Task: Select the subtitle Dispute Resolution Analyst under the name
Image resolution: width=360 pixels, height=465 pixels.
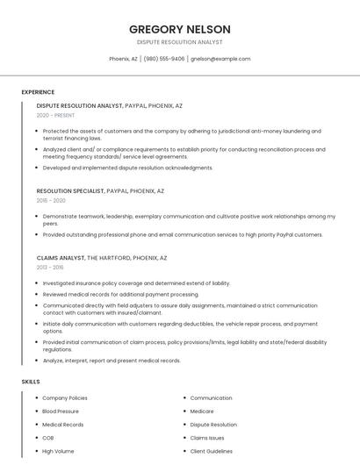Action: coord(180,41)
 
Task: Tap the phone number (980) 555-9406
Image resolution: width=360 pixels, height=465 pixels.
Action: coord(164,59)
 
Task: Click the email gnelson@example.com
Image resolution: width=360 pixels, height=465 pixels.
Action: coord(220,59)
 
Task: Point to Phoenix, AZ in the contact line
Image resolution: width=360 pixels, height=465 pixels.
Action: coord(123,59)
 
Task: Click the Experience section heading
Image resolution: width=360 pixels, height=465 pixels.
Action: coord(38,92)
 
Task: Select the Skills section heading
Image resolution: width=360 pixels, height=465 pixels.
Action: coord(31,382)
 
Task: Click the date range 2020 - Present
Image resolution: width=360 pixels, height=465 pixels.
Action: coord(55,115)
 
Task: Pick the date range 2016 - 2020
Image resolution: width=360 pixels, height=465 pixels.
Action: coord(51,200)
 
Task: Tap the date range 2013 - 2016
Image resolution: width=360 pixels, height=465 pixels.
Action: coord(50,268)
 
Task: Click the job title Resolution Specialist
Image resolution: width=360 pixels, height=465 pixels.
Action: coord(69,190)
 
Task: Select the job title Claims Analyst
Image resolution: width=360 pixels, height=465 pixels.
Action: coord(60,258)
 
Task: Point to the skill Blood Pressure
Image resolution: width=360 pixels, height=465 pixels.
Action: coord(61,411)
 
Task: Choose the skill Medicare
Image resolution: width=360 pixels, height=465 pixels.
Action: coord(202,411)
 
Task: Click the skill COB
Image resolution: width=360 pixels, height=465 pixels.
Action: coord(48,437)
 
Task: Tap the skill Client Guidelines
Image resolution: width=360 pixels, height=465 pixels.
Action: coord(212,451)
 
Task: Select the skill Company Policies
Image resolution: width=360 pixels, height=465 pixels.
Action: coord(65,397)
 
